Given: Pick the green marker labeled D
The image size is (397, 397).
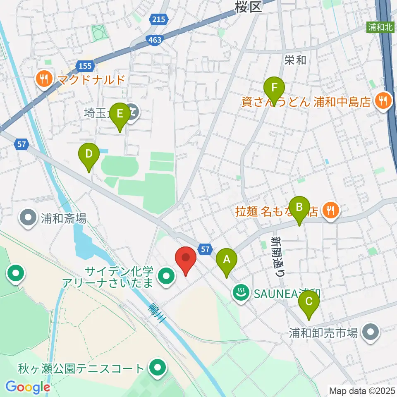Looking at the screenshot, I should pyautogui.click(x=88, y=156).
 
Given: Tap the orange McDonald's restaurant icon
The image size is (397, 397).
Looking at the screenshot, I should pyautogui.click(x=43, y=78).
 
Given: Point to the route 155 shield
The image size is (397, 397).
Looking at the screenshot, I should pyautogui.click(x=84, y=65).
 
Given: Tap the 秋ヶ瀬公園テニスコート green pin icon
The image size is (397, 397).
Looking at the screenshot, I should pyautogui.click(x=157, y=368).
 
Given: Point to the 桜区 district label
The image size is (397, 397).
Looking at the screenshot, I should pyautogui.click(x=248, y=6).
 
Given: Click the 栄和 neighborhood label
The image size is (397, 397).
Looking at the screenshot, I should pyautogui.click(x=296, y=60).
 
